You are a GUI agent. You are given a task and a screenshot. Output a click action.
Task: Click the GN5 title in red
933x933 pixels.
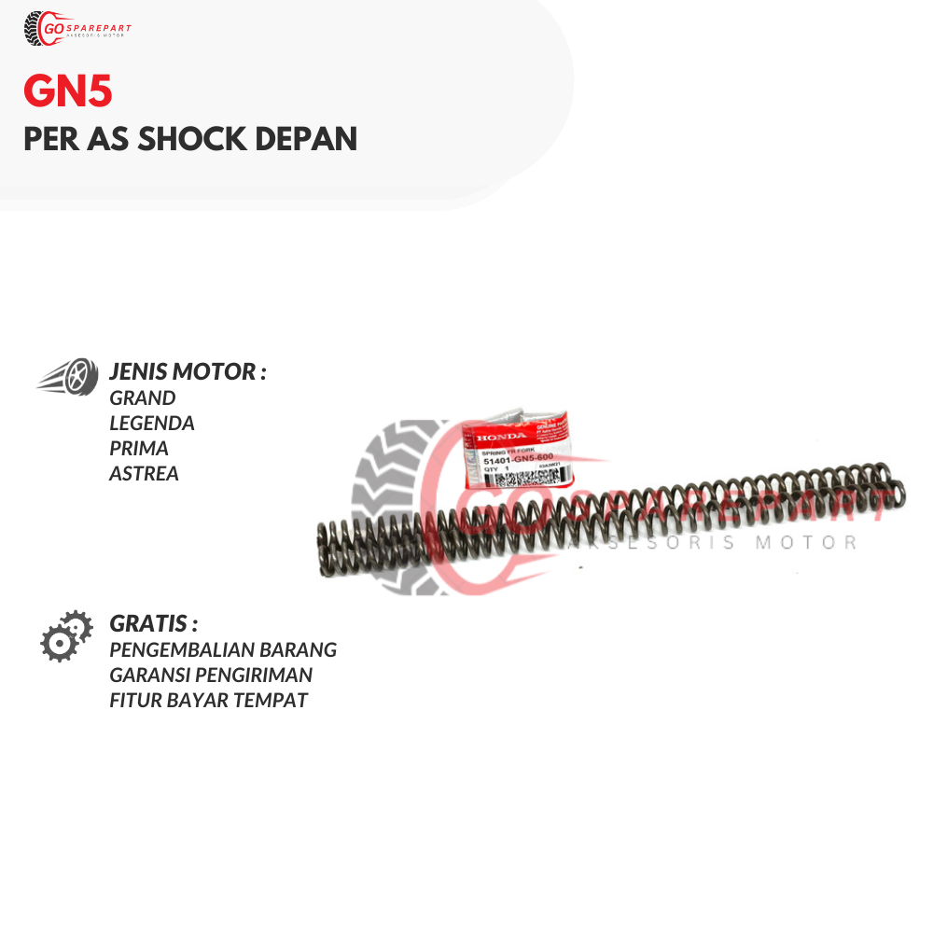click(67, 94)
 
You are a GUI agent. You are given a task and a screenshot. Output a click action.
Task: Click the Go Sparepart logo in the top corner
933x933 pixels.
click(77, 28)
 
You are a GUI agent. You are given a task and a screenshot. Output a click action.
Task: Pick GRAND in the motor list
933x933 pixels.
click(142, 397)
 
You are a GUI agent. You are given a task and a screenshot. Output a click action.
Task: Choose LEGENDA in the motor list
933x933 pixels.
click(152, 423)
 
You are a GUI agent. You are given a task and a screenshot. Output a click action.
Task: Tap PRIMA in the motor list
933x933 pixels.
click(139, 448)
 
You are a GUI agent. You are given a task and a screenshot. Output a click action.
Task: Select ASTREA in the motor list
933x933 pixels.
click(144, 473)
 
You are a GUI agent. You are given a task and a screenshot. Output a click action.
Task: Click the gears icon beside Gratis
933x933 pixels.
click(66, 636)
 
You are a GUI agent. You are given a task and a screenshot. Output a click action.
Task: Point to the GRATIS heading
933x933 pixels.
click(153, 623)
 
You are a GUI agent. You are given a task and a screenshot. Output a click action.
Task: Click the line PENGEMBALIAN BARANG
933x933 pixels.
click(223, 649)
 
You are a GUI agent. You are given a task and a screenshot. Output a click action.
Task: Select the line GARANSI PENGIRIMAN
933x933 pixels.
click(211, 675)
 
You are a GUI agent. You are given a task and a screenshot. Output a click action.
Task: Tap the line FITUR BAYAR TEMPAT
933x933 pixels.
click(208, 700)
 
